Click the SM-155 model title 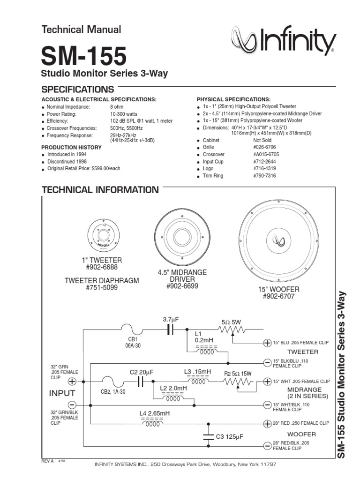pyautogui.click(x=84, y=56)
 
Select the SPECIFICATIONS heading pyautogui.click(x=78, y=89)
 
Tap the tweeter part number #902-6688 pyautogui.click(x=102, y=267)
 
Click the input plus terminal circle pyautogui.click(x=73, y=381)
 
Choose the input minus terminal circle pyautogui.click(x=73, y=404)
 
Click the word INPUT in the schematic pyautogui.click(x=62, y=393)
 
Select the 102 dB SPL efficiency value pyautogui.click(x=141, y=121)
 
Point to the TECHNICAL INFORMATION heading pyautogui.click(x=100, y=190)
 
